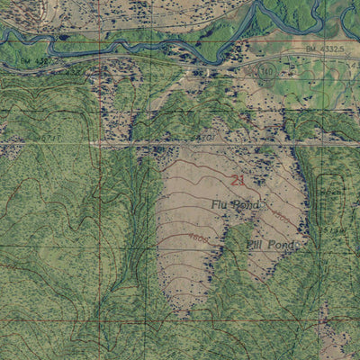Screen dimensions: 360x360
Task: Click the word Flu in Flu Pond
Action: [x=221, y=205]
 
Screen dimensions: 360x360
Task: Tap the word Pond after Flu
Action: [x=247, y=206]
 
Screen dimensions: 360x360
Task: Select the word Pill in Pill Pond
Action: [x=256, y=244]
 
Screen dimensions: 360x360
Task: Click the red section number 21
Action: [x=238, y=180]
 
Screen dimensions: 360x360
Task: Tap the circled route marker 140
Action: [x=265, y=70]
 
